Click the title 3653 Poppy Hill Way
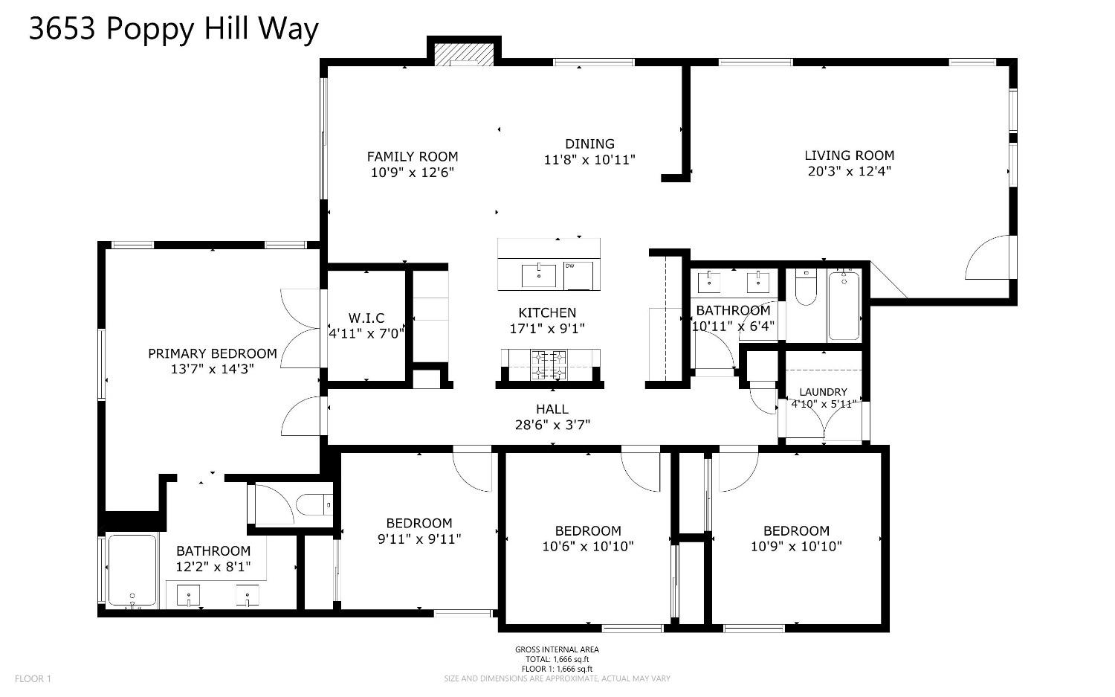pyautogui.click(x=173, y=29)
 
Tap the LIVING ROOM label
pyautogui.click(x=849, y=155)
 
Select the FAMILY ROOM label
pyautogui.click(x=412, y=157)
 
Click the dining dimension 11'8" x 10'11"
pyautogui.click(x=589, y=159)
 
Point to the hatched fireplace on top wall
pyautogui.click(x=464, y=54)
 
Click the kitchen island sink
pyautogui.click(x=538, y=275)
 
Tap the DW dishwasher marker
pyautogui.click(x=578, y=274)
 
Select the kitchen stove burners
pyautogui.click(x=549, y=364)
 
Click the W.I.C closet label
pyautogui.click(x=366, y=318)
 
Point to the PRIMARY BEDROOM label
pyautogui.click(x=212, y=353)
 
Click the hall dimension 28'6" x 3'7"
pyautogui.click(x=552, y=425)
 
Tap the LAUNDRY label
pyautogui.click(x=823, y=392)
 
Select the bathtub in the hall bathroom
pyautogui.click(x=844, y=305)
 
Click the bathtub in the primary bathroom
pyautogui.click(x=132, y=570)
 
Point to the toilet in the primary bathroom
pyautogui.click(x=314, y=505)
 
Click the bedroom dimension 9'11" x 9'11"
pyautogui.click(x=419, y=539)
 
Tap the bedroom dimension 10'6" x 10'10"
pyautogui.click(x=588, y=547)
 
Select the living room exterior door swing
pyautogui.click(x=989, y=259)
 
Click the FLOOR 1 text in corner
pyautogui.click(x=33, y=678)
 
